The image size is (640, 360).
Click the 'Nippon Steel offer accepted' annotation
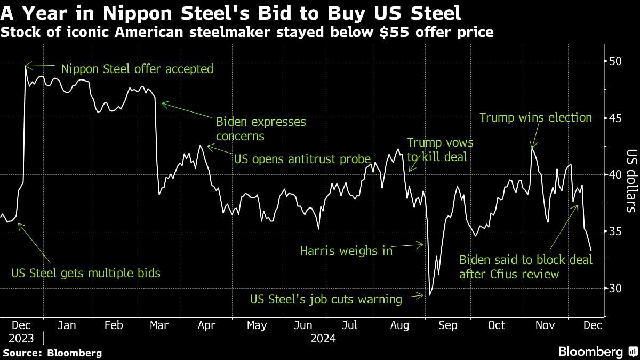click(137, 69)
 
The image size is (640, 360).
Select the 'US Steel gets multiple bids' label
click(86, 274)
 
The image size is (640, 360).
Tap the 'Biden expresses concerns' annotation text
click(261, 129)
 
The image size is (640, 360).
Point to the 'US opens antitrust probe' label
click(302, 158)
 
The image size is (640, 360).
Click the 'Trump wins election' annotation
click(535, 117)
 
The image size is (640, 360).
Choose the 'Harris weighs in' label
click(346, 250)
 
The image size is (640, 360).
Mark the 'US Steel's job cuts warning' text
click(326, 299)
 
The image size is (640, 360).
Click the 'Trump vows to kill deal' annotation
click(440, 149)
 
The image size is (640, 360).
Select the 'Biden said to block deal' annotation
click(526, 267)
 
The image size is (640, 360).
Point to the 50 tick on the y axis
click(615, 61)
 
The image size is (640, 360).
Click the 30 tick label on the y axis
click(615, 288)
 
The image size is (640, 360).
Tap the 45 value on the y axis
click(615, 118)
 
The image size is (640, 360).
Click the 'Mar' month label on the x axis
click(159, 325)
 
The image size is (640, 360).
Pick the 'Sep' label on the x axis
click(447, 325)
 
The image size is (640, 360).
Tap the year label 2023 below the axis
click(21, 338)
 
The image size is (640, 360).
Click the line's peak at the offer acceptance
click(26, 66)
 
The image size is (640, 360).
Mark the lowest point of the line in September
click(429, 294)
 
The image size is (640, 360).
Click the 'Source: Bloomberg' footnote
click(52, 353)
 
